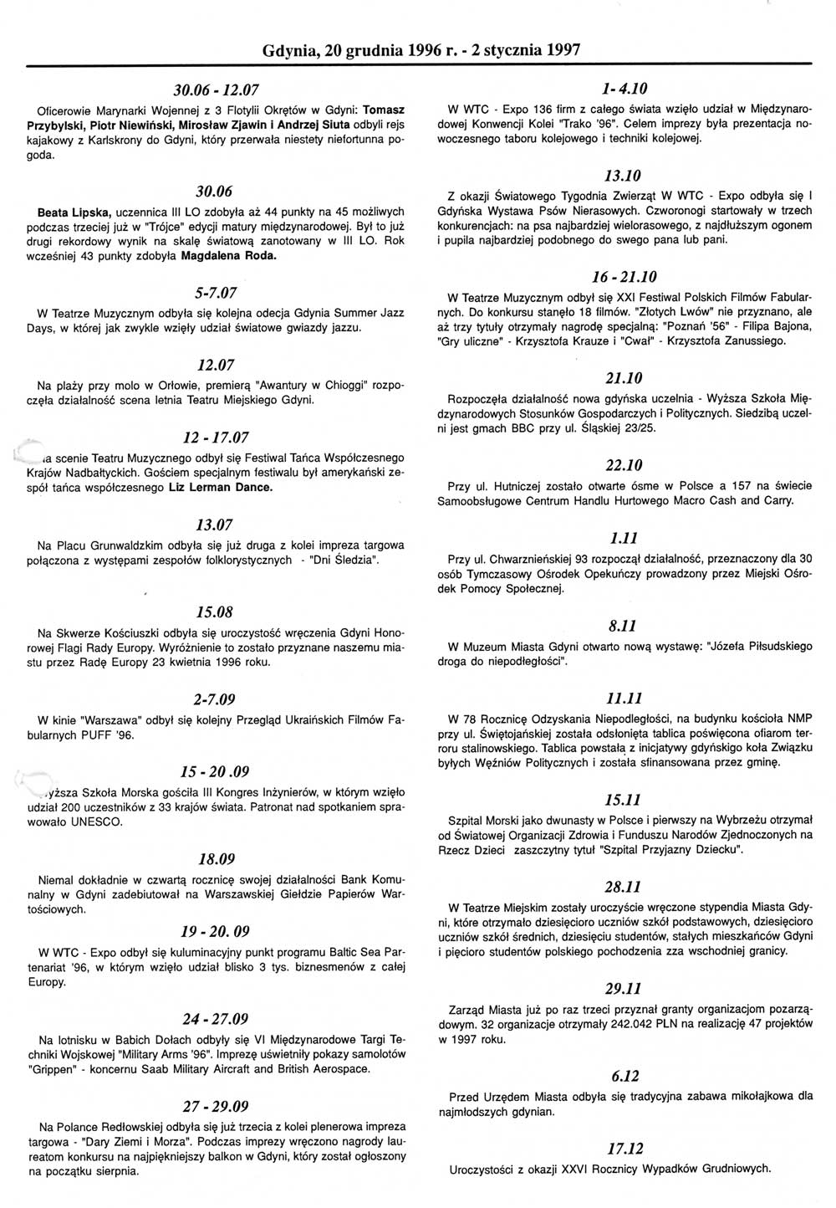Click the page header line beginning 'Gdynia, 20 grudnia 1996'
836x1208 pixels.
pos(421,49)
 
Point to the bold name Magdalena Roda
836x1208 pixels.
pos(229,256)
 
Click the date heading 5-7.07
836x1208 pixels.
pos(217,293)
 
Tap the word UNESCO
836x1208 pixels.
pos(99,822)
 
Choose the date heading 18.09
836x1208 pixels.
pos(217,859)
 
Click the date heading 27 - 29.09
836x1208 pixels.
pos(216,1106)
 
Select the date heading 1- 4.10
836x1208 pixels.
pos(624,89)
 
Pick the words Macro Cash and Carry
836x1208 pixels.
pos(736,500)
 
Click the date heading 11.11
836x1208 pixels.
pos(624,699)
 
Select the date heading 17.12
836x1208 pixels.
pos(624,1149)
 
